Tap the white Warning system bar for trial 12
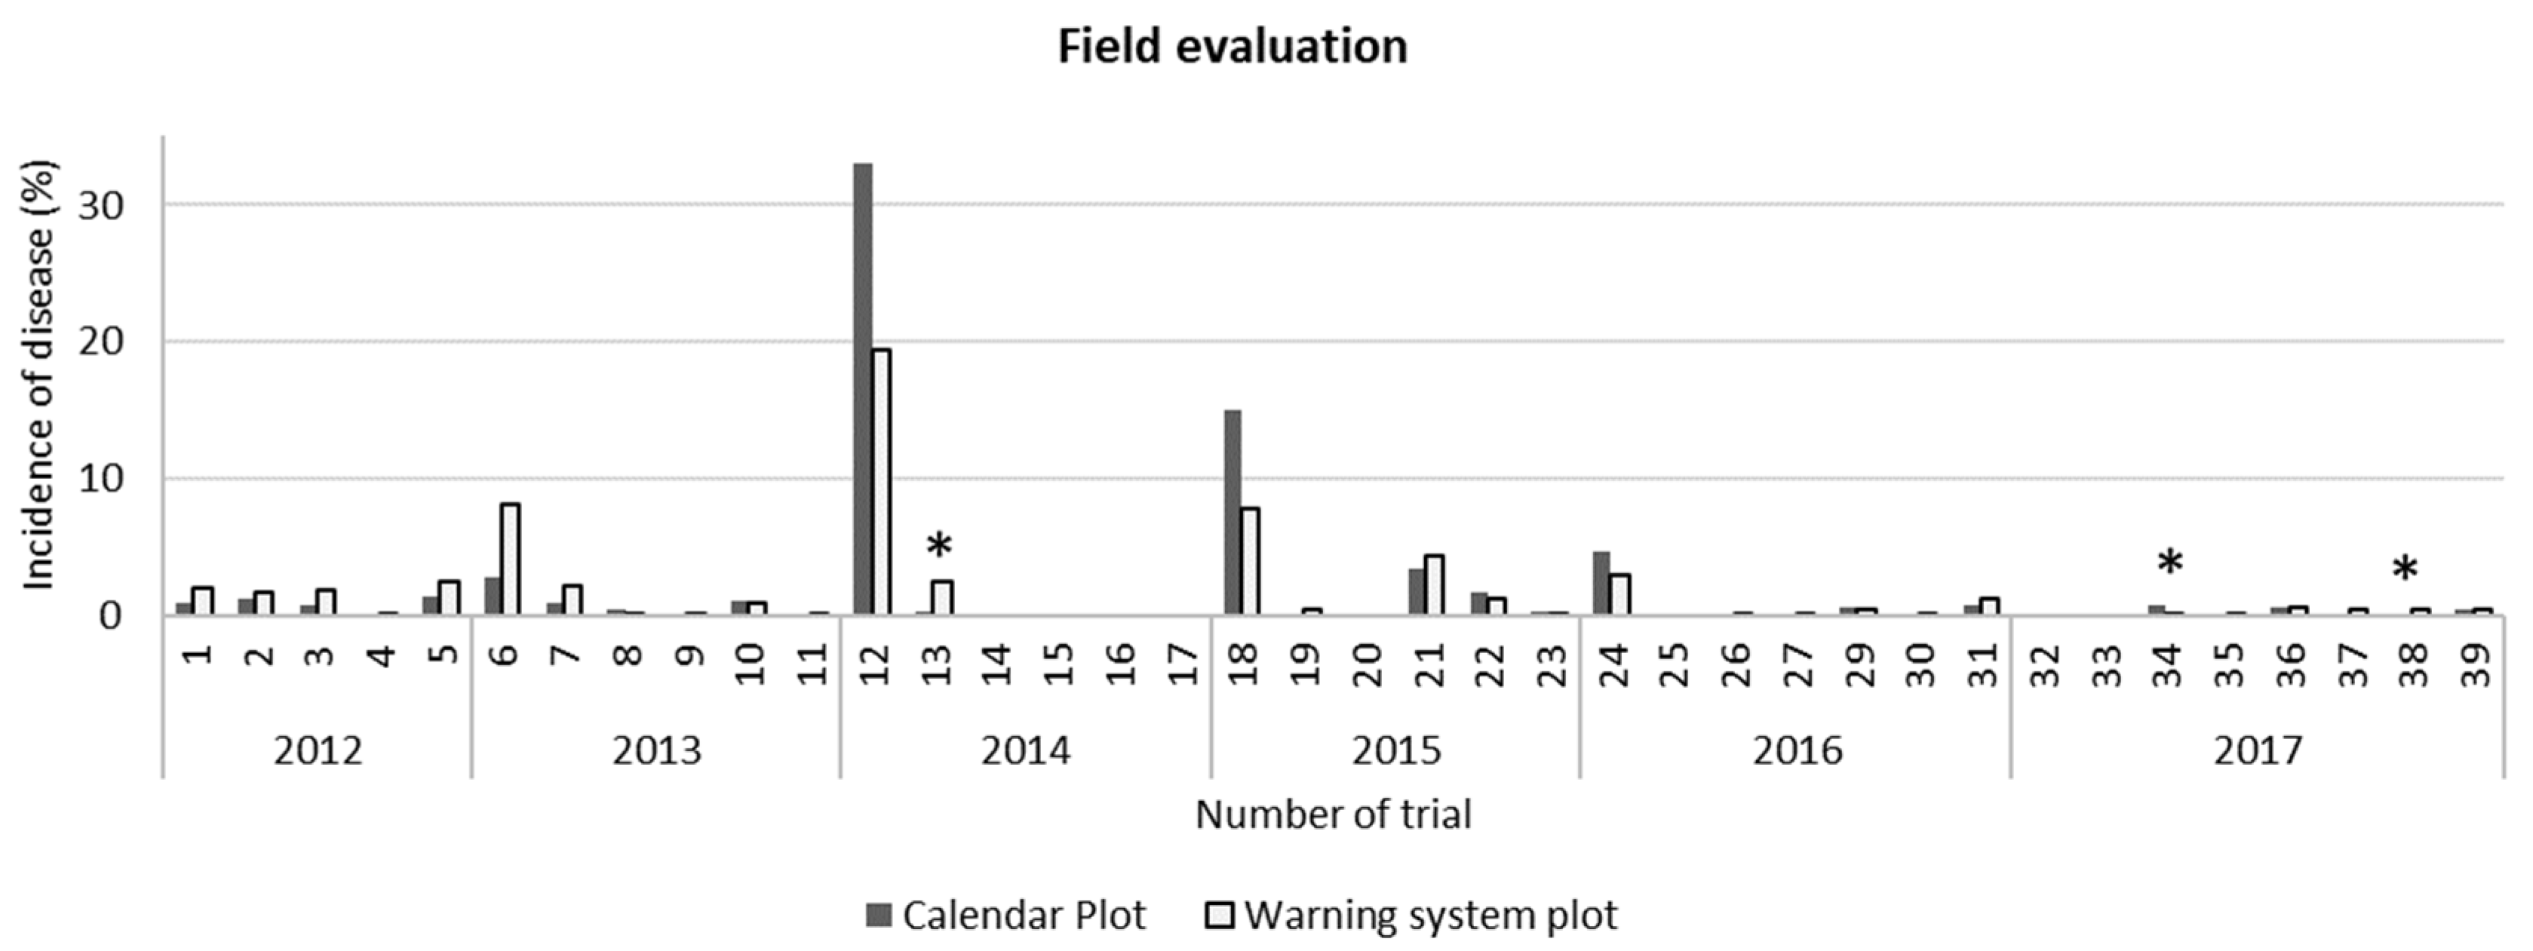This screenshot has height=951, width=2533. pos(881,482)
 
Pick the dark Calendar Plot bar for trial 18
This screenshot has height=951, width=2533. pos(1232,511)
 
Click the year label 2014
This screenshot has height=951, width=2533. pos(1026,751)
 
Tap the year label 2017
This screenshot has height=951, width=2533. pos(2258,751)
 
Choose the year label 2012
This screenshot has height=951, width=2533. pos(318,751)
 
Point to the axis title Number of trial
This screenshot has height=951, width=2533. pos(1334,814)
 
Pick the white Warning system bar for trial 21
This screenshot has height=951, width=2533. pos(1435,585)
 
